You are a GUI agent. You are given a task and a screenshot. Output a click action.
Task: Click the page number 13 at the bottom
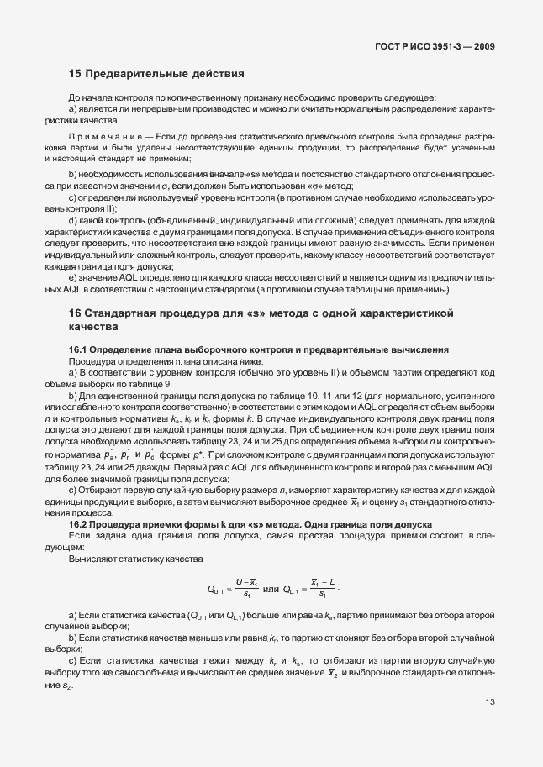(490, 703)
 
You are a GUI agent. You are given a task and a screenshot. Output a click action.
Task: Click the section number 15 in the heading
(75, 74)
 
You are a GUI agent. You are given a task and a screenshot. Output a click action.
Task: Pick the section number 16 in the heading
(75, 313)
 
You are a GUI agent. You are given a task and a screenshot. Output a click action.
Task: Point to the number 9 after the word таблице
(193, 384)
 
